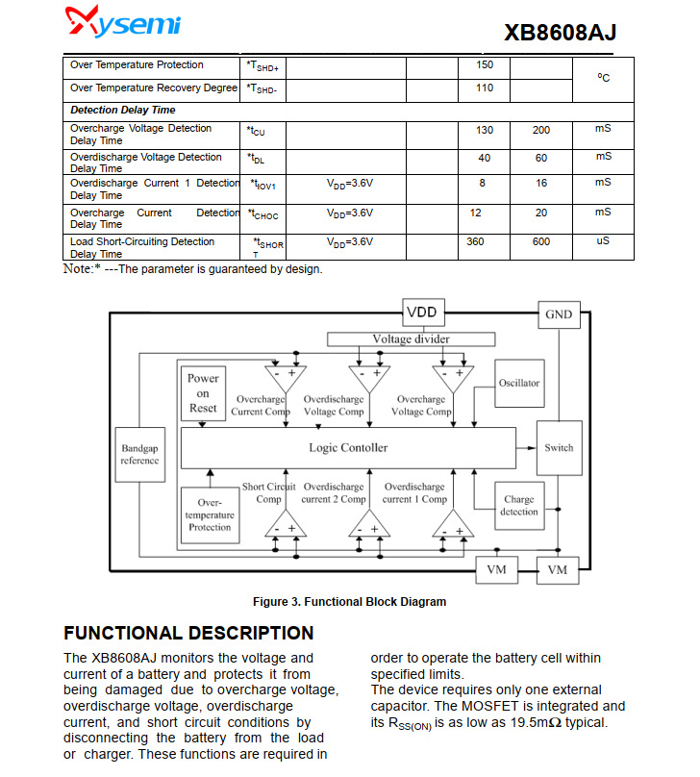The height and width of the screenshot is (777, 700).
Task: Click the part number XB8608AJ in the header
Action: point(560,33)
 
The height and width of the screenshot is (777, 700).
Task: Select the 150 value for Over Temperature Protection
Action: point(485,65)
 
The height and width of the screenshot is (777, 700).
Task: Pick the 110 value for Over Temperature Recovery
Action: point(485,88)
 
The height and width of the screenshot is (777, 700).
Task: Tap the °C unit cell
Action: point(603,77)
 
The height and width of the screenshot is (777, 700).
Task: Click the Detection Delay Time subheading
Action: point(123,111)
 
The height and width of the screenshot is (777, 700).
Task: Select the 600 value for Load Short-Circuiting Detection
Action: point(541,242)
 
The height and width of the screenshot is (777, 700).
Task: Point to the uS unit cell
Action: point(603,241)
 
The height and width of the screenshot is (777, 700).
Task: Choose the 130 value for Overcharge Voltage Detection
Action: point(485,130)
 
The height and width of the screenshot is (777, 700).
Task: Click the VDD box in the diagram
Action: point(421,313)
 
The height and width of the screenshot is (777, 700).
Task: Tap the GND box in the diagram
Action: point(558,314)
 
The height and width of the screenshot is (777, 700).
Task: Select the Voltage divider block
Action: point(411,338)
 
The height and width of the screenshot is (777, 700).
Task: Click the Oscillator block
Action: point(519,383)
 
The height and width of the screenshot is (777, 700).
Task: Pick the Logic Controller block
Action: point(348,448)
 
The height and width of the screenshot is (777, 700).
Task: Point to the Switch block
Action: point(559,448)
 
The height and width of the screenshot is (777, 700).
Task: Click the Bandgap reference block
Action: point(139,454)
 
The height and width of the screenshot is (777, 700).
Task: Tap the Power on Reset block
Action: point(203,393)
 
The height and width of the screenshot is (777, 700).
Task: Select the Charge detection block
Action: point(519,505)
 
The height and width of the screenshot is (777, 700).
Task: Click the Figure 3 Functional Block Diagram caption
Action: point(349,602)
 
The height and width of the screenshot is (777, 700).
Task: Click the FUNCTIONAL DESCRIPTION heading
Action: point(188,633)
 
